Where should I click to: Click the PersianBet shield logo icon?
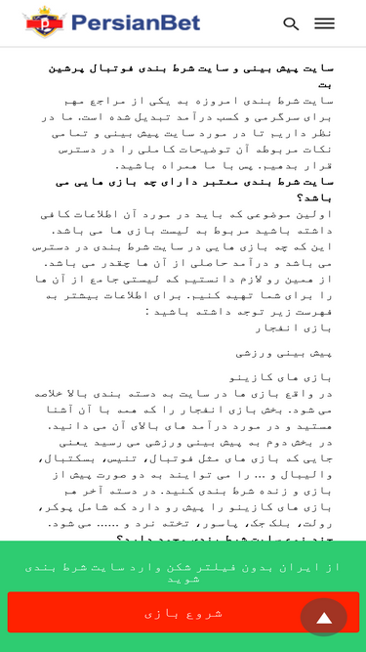click(x=42, y=22)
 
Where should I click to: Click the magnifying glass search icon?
click(x=291, y=23)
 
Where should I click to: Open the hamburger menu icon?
click(x=324, y=23)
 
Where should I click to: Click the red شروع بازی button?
click(x=183, y=613)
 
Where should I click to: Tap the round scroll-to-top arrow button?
click(x=324, y=617)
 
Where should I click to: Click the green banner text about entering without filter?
click(x=183, y=572)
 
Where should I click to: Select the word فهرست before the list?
click(x=311, y=311)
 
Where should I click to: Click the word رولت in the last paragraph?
click(x=313, y=523)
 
